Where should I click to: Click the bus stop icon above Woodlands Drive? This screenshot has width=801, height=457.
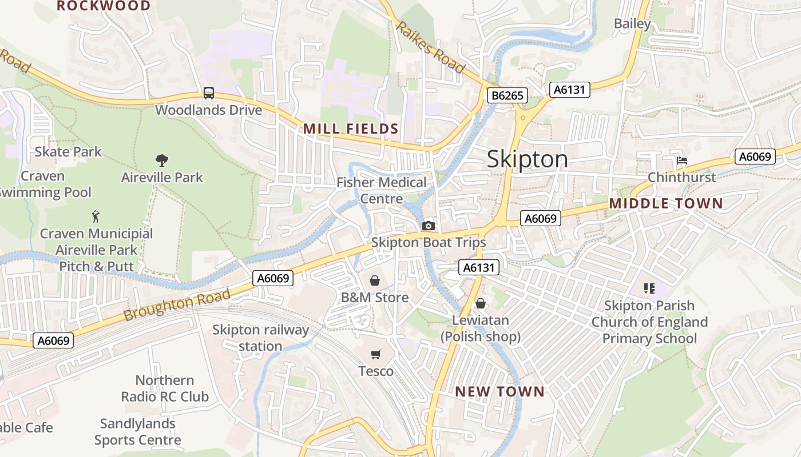click(209, 93)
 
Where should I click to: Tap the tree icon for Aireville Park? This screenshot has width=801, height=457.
click(162, 161)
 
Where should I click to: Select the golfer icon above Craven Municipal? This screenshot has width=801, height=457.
click(96, 217)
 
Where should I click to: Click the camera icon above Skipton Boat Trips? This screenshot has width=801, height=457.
click(428, 226)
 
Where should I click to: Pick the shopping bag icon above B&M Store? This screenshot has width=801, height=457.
click(374, 280)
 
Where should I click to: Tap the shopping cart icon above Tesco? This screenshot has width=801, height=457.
click(375, 355)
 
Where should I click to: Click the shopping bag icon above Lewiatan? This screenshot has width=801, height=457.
click(481, 303)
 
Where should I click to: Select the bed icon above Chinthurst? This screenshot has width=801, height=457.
click(681, 161)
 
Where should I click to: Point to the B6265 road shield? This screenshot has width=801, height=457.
click(507, 95)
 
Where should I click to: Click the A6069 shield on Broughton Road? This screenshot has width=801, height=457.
click(273, 278)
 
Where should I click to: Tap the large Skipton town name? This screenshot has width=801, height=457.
click(528, 159)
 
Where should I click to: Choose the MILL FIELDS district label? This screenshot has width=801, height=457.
click(351, 129)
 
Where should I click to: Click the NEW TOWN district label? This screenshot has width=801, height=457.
click(499, 392)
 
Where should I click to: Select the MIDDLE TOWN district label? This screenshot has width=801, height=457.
click(666, 203)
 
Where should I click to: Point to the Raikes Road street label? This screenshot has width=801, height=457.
click(430, 47)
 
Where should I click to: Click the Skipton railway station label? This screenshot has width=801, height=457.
click(260, 338)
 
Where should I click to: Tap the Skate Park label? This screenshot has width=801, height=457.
click(68, 151)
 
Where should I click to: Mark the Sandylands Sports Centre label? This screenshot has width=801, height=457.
click(137, 432)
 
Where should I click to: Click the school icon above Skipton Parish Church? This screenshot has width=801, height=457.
click(649, 288)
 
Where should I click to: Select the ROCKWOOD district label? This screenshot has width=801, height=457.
click(104, 6)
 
